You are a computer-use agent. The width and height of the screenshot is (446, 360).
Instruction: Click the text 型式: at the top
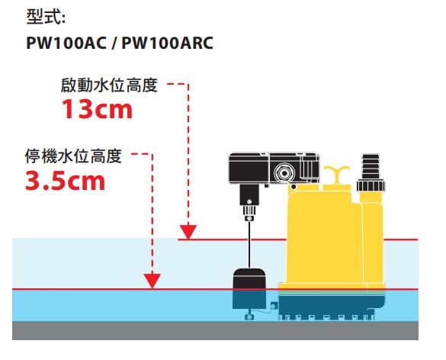46,17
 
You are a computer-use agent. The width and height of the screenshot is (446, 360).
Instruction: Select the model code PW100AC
66,43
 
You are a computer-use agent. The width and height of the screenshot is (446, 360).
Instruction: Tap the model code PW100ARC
168,43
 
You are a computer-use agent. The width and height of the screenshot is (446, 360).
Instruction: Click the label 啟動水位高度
109,85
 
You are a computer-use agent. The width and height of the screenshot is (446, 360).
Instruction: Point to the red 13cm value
98,109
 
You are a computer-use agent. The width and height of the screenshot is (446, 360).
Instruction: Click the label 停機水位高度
73,156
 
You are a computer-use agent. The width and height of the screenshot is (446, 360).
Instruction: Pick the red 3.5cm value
66,181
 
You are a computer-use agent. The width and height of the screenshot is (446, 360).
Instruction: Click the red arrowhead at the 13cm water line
188,232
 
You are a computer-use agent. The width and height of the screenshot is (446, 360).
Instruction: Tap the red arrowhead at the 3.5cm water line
152,281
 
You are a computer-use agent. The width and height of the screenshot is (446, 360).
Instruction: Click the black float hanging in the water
249,288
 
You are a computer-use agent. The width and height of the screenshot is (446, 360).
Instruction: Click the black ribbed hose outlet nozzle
371,166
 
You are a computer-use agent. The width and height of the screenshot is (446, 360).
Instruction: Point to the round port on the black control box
284,172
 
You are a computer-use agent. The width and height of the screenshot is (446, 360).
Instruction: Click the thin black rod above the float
249,245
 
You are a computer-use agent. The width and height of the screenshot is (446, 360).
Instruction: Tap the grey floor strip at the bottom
215,330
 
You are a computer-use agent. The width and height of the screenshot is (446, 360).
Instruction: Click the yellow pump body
324,239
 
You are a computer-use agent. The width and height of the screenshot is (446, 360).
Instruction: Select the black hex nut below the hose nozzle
371,185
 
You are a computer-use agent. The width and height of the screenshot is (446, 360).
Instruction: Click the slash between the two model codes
114,43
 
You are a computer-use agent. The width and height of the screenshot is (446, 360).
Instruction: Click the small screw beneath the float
249,317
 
